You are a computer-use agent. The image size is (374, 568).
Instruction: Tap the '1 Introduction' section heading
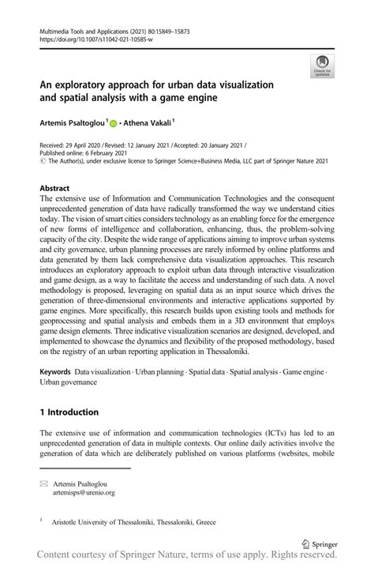pyautogui.click(x=69, y=412)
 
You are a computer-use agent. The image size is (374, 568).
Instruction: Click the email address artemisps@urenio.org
pyautogui.click(x=83, y=492)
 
